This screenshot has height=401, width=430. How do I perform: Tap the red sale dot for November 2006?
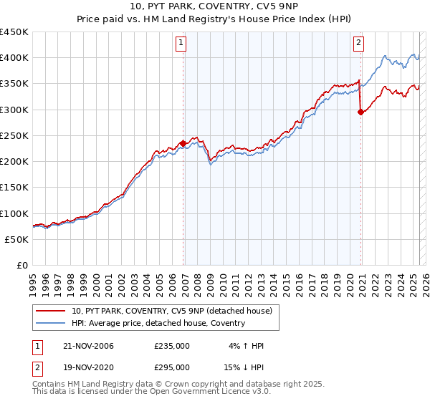(x=183, y=143)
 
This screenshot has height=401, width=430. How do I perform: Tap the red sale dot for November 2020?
(x=360, y=112)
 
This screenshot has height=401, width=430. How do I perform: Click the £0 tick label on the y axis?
(x=21, y=266)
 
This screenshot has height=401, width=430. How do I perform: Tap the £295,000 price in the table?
(x=172, y=367)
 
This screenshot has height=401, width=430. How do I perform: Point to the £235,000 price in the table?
(x=172, y=346)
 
